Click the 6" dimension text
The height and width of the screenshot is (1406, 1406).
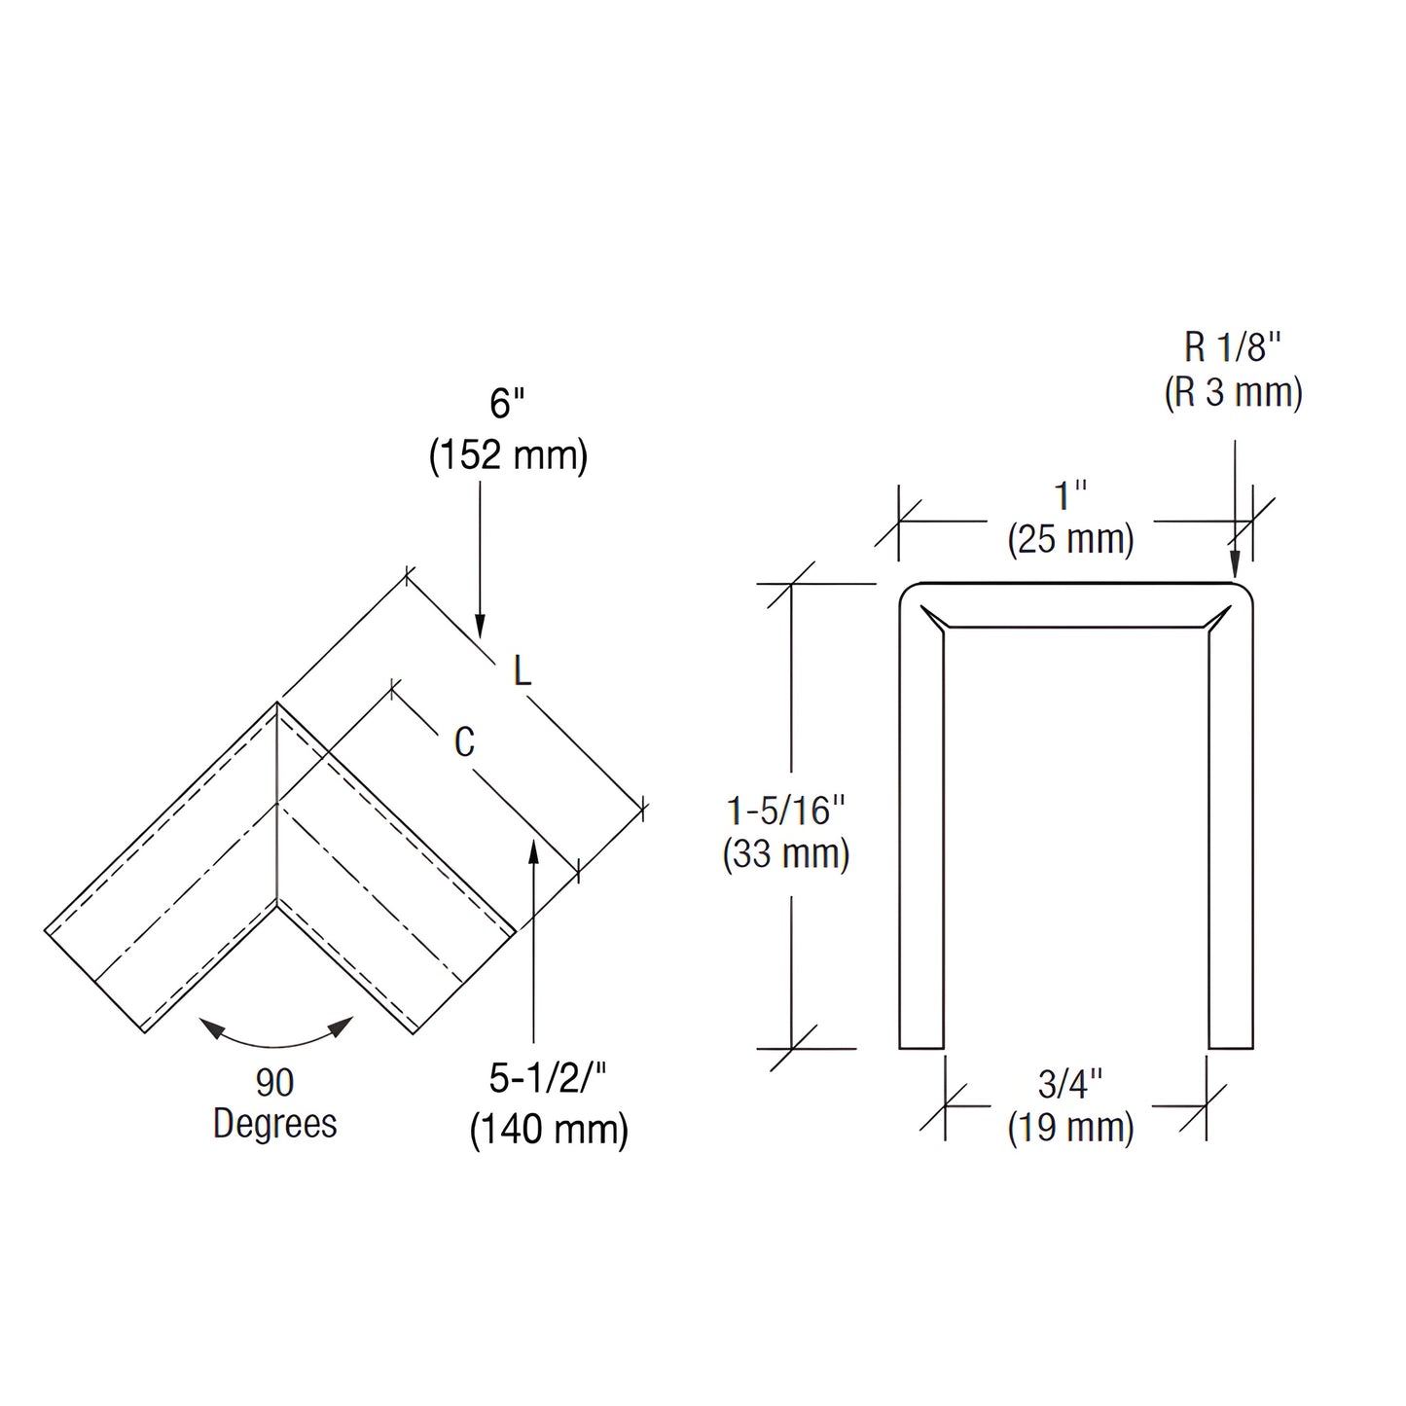(x=508, y=404)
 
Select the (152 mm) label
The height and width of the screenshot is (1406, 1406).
(x=508, y=455)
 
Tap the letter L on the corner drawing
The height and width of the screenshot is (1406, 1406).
(x=523, y=670)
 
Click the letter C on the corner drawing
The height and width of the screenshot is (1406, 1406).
(x=464, y=742)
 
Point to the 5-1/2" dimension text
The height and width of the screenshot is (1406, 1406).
(x=548, y=1078)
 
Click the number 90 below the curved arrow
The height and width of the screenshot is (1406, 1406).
(x=274, y=1082)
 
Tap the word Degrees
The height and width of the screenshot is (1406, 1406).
(x=274, y=1124)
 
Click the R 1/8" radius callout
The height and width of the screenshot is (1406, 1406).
(x=1233, y=346)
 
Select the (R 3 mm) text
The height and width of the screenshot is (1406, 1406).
(x=1233, y=392)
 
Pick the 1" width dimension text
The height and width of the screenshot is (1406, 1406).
(x=1070, y=496)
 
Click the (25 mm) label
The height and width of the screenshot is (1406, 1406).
(x=1070, y=538)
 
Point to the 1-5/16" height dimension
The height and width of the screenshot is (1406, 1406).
(x=786, y=811)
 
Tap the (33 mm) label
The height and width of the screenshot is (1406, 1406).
(x=786, y=854)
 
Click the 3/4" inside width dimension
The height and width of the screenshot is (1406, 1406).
(x=1070, y=1083)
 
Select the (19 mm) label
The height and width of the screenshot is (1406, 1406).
(x=1070, y=1128)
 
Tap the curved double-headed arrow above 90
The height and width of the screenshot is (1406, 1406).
(x=275, y=1039)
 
